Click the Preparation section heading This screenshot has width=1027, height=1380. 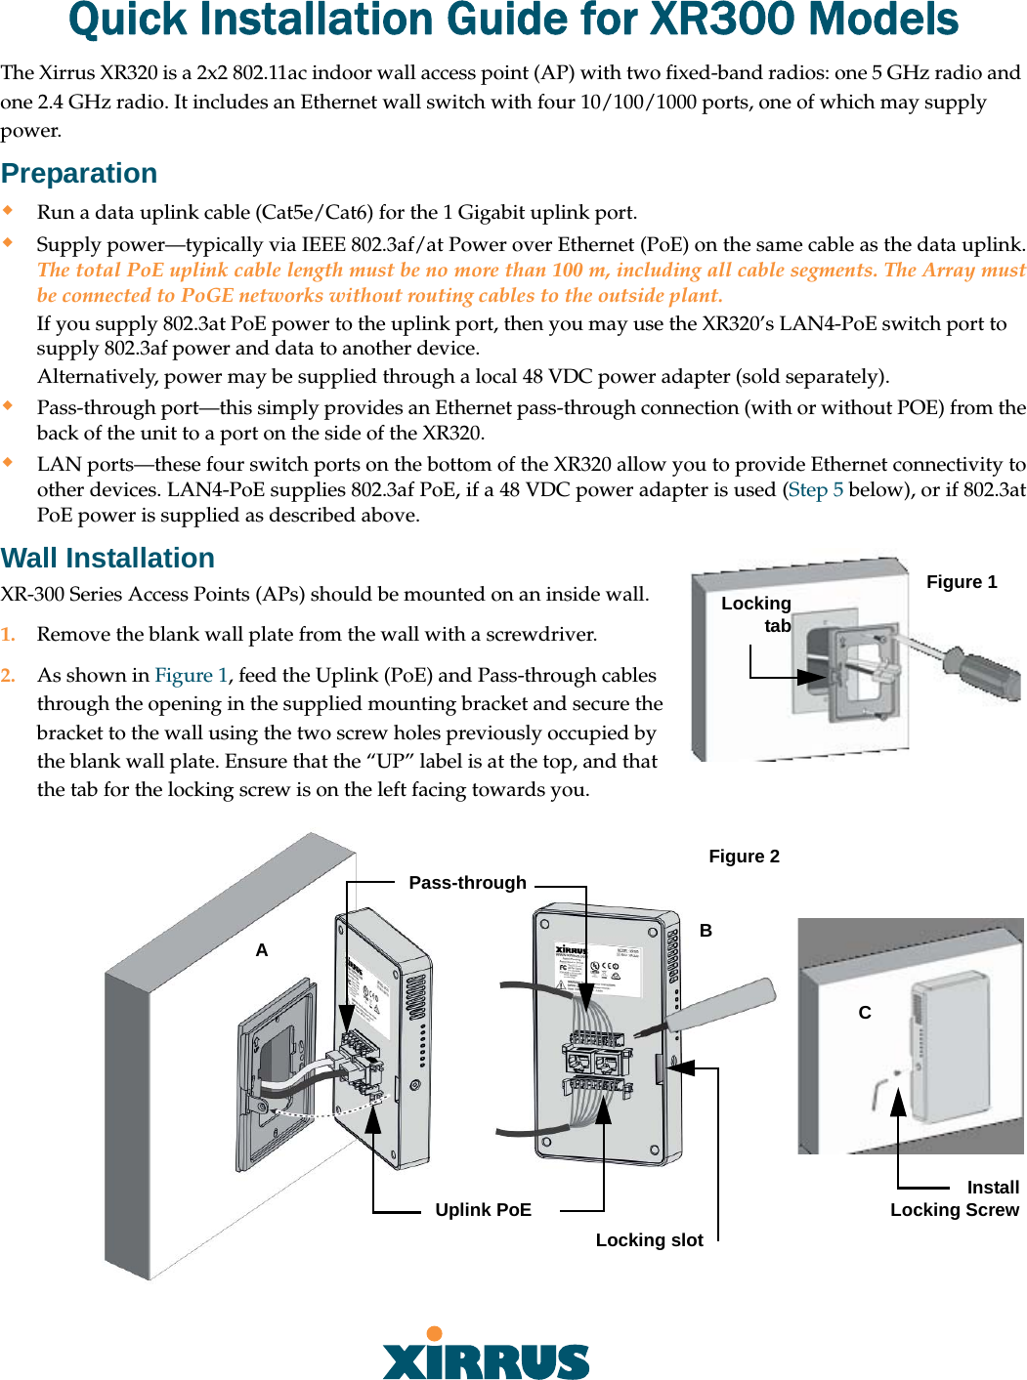click(x=79, y=173)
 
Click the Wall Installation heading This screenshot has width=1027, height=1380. click(x=107, y=558)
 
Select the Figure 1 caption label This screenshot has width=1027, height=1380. click(x=961, y=582)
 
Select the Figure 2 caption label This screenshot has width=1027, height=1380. click(x=744, y=857)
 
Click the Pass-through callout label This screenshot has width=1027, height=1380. click(x=467, y=883)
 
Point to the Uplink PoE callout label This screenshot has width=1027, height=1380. click(x=483, y=1210)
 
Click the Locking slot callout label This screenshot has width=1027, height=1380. click(x=649, y=1240)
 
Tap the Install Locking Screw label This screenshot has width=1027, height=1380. click(x=955, y=1199)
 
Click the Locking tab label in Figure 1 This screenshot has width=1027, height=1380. click(x=757, y=614)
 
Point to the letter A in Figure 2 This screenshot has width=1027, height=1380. click(x=261, y=950)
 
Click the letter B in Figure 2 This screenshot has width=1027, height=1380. click(x=706, y=931)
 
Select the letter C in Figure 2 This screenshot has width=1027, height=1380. click(x=865, y=1013)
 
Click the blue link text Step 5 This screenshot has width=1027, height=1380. click(x=815, y=490)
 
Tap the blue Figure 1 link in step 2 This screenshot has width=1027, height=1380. click(x=191, y=676)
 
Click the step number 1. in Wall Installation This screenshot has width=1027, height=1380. click(x=8, y=635)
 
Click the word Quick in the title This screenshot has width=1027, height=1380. click(x=131, y=20)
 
